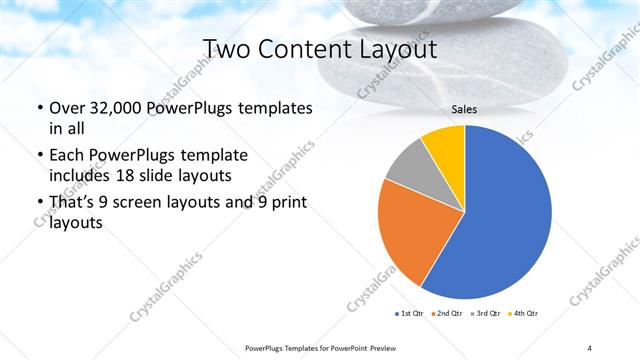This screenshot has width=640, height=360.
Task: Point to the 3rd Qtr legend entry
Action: click(485, 314)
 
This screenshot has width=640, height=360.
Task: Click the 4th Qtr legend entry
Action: click(523, 314)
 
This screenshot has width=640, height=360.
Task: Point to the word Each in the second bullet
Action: click(67, 156)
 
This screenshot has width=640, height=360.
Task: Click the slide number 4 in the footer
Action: click(589, 347)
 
